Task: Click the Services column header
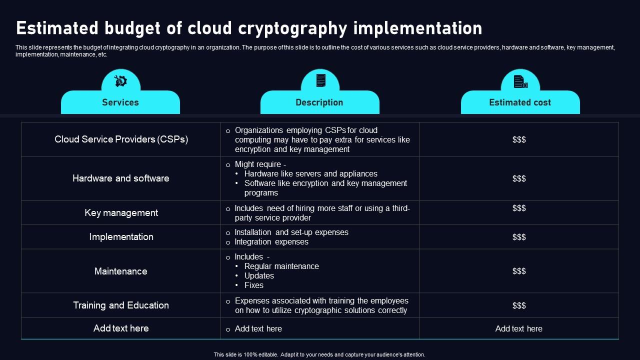[x=120, y=102]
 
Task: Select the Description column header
[x=319, y=102]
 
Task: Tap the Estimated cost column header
[x=519, y=102]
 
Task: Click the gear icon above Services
[x=120, y=81]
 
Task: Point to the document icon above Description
[x=320, y=80]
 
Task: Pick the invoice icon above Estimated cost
[x=520, y=81]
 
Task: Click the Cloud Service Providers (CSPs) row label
[x=121, y=139]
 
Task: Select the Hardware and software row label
[x=121, y=178]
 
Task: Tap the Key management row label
[x=121, y=213]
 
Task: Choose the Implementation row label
[x=121, y=237]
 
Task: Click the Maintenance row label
[x=121, y=271]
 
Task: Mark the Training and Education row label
[x=121, y=305]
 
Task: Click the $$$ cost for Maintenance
[x=519, y=271]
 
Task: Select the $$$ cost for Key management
[x=519, y=208]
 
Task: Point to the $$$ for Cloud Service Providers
[x=519, y=140]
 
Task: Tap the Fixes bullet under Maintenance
[x=253, y=285]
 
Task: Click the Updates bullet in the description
[x=259, y=276]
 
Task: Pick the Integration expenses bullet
[x=271, y=242]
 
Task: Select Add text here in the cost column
[x=518, y=329]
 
